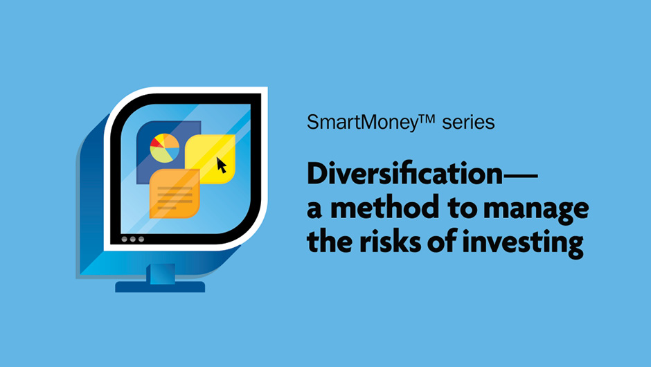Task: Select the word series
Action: tap(468, 123)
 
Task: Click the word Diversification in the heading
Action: tap(405, 174)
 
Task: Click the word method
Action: tap(384, 207)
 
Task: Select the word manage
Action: tap(536, 210)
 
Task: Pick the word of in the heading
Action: tap(441, 241)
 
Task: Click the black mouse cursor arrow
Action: tap(222, 165)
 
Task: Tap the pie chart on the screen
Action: tap(164, 148)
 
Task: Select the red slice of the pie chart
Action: tap(157, 143)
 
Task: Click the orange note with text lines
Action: tap(175, 193)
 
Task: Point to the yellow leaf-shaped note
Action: tap(210, 159)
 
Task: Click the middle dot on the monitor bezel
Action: tap(133, 239)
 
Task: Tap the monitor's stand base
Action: tap(160, 287)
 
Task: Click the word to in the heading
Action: tap(461, 208)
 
